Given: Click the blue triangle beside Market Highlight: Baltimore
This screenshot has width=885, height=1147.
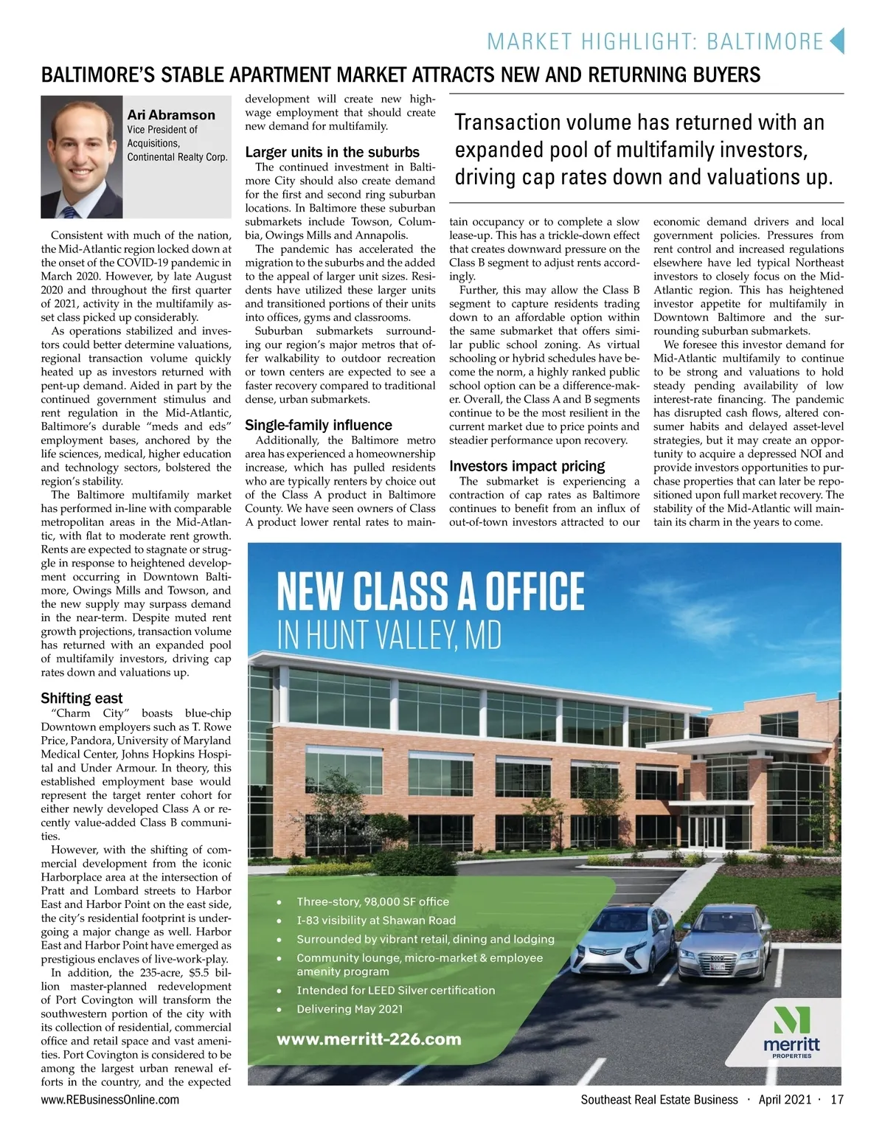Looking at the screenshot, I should (x=836, y=41).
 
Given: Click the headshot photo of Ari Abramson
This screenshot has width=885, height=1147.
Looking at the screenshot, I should (x=81, y=156).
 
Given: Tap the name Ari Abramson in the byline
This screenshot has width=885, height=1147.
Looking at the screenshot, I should (x=171, y=115).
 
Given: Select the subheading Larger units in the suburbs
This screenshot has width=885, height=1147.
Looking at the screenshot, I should (x=332, y=152).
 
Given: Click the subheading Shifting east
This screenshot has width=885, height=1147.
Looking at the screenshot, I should (x=82, y=698).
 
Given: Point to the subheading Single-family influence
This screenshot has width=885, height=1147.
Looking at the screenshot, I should (x=319, y=425).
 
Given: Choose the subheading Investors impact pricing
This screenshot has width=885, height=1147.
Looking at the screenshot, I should (x=527, y=466).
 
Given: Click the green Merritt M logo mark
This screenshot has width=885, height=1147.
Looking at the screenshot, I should (x=791, y=1019).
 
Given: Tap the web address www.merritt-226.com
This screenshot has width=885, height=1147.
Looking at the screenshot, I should (x=369, y=1039).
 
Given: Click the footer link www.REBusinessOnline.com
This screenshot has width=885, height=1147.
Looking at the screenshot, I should (x=110, y=1100).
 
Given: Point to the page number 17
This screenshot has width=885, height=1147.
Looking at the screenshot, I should (x=836, y=1100).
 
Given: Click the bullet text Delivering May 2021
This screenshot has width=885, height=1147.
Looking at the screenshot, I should (x=350, y=1009).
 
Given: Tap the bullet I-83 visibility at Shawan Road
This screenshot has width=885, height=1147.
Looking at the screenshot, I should (x=376, y=921).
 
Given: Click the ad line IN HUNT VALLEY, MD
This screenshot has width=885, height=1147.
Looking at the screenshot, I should (x=389, y=636).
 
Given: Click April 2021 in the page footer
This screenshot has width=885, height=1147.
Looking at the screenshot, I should (x=785, y=1100).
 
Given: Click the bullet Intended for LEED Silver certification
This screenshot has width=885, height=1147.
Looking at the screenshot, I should (x=396, y=991).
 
